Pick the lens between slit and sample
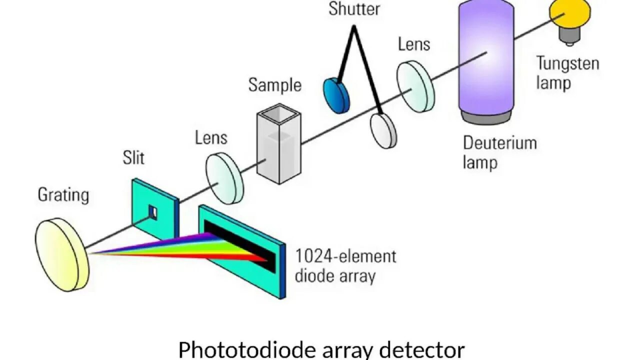(x=225, y=178)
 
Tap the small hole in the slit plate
(x=154, y=213)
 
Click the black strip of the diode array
(x=240, y=245)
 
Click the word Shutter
(x=354, y=9)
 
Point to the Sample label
(x=275, y=85)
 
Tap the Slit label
(x=133, y=158)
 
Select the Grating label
(x=63, y=194)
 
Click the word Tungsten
(x=567, y=64)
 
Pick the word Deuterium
(x=499, y=143)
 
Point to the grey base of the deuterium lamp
(x=486, y=117)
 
